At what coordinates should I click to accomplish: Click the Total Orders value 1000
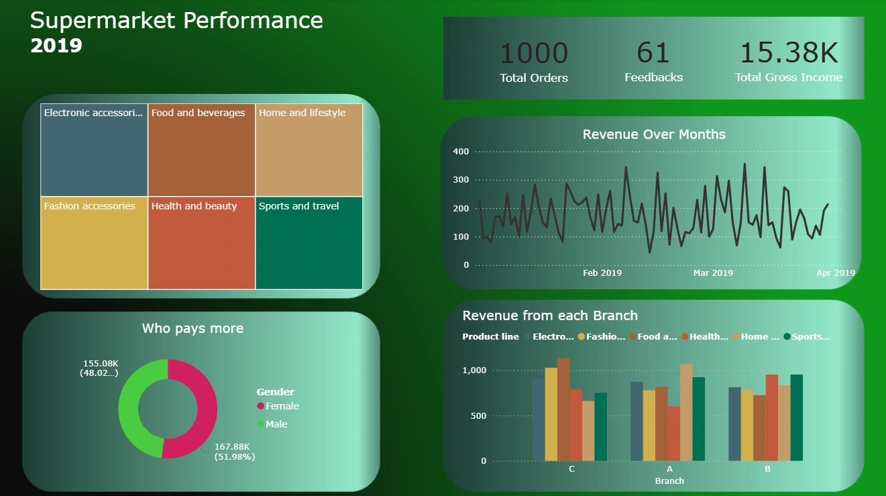[534, 54]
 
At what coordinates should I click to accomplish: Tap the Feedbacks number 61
[653, 53]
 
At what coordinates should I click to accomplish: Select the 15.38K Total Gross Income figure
[789, 54]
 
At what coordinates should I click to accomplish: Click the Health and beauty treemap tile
[201, 243]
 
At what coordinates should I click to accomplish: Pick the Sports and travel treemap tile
[309, 243]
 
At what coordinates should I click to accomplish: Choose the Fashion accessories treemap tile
[94, 243]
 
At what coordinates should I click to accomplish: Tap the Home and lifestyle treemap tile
[309, 150]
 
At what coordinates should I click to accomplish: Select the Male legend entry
[276, 424]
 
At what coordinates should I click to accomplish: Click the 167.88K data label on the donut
[232, 447]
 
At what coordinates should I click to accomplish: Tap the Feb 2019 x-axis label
[602, 273]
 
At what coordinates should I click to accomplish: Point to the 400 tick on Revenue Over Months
[461, 152]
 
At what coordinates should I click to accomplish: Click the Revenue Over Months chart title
[654, 134]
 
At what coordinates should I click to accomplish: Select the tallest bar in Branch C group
[563, 409]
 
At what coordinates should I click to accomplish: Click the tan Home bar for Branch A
[686, 413]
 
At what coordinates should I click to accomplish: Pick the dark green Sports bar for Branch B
[796, 417]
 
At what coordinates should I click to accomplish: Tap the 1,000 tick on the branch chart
[474, 370]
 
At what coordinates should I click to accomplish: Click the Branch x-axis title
[669, 481]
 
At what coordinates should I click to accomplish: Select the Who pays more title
[192, 328]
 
